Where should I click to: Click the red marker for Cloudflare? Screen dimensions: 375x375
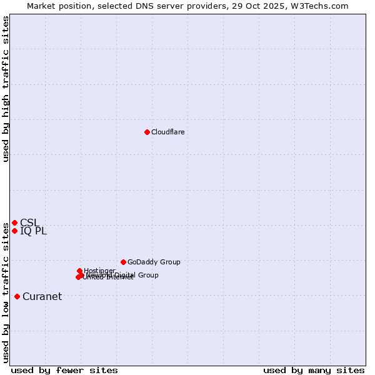pyautogui.click(x=147, y=132)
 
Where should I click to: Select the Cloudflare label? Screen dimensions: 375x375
pyautogui.click(x=167, y=132)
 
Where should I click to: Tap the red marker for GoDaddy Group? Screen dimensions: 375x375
pyautogui.click(x=123, y=262)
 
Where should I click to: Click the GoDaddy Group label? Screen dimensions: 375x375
pyautogui.click(x=154, y=262)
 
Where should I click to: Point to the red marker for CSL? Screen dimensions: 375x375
pyautogui.click(x=14, y=222)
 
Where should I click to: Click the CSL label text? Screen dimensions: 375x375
pyautogui.click(x=29, y=222)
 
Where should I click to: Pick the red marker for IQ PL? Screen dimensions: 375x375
pyautogui.click(x=14, y=231)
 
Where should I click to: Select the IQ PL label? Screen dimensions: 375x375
pyautogui.click(x=33, y=231)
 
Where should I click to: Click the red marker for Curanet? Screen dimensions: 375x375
pyautogui.click(x=17, y=296)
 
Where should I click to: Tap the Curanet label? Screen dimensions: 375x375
pyautogui.click(x=42, y=296)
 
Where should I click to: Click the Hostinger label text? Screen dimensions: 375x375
pyautogui.click(x=99, y=271)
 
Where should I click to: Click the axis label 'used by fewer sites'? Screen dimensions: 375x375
pyautogui.click(x=64, y=370)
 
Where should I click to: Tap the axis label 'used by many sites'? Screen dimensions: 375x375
pyautogui.click(x=314, y=370)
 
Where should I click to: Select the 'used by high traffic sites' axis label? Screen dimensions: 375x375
pyautogui.click(x=6, y=89)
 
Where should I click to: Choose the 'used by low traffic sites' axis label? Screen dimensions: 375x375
pyautogui.click(x=6, y=287)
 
